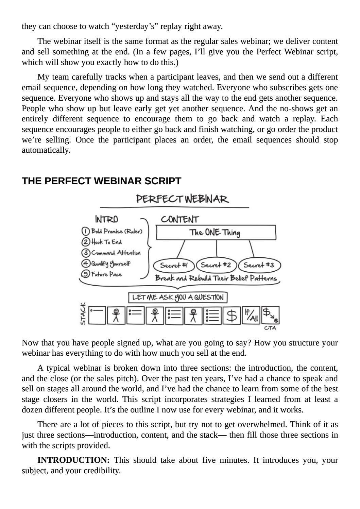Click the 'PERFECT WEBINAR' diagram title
tap(183, 199)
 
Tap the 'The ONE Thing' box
tap(216, 233)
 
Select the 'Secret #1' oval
tap(174, 265)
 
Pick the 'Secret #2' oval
tap(216, 265)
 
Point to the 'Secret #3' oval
tap(260, 265)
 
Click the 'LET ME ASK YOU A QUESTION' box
tap(178, 298)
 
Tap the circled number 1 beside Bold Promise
tap(85, 231)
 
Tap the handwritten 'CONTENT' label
tap(180, 219)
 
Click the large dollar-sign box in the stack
tap(232, 316)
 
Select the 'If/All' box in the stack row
tap(251, 316)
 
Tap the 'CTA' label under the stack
tap(270, 328)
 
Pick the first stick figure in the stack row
tap(116, 316)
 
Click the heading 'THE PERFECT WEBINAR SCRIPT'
tap(101, 181)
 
